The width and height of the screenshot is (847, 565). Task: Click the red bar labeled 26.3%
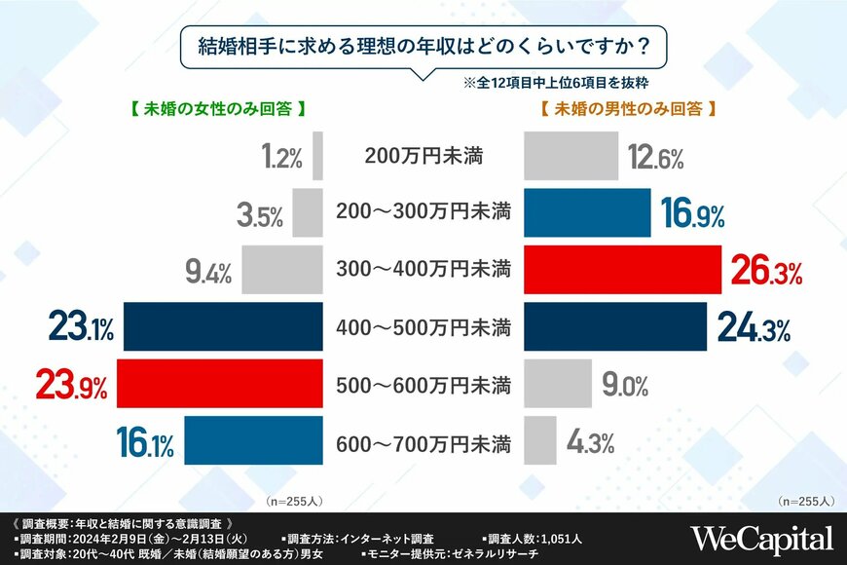622,270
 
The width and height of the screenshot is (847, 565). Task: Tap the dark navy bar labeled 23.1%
224,326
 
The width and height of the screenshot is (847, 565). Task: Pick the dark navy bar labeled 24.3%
615,326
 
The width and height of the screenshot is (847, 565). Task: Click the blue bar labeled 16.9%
588,213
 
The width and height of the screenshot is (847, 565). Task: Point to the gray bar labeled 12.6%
571,157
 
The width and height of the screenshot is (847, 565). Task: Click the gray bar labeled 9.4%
282,270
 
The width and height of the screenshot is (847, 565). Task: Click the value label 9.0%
625,386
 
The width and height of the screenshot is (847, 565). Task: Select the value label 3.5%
260,214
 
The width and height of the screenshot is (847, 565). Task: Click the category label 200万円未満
423,156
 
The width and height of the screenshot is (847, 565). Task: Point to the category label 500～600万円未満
423,387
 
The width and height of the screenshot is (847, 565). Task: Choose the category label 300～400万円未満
423,272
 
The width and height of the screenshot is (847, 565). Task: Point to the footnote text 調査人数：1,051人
534,538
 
